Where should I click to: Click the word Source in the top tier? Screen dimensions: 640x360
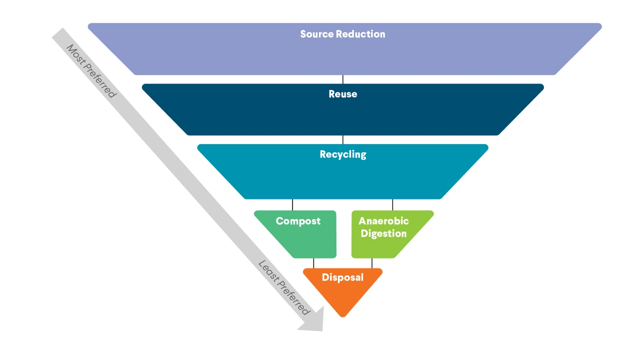tap(317, 34)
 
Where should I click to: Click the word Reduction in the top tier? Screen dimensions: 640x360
tap(360, 34)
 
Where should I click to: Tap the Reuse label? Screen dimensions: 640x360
tap(343, 94)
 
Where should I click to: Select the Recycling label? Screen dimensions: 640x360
tap(343, 154)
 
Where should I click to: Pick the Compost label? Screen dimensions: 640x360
tap(298, 221)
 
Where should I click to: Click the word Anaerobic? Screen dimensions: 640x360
tap(383, 221)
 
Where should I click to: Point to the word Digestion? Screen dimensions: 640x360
tap(383, 233)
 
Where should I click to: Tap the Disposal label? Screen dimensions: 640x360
tap(342, 277)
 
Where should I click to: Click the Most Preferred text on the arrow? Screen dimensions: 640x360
tap(91, 71)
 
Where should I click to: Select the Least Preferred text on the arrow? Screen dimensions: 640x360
tap(283, 287)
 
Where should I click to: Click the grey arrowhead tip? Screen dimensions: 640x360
tap(322, 330)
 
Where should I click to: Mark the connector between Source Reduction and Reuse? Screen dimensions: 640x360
tap(343, 79)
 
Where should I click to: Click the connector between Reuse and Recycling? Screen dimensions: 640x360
tap(343, 139)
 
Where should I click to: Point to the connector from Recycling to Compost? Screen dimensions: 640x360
tap(292, 205)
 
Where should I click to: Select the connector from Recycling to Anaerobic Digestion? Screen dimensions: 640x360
tap(392, 205)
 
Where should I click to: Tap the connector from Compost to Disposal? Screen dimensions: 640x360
tap(313, 263)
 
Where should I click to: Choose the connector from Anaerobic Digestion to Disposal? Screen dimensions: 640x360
tap(372, 263)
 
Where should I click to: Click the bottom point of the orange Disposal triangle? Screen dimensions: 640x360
tap(342, 316)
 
